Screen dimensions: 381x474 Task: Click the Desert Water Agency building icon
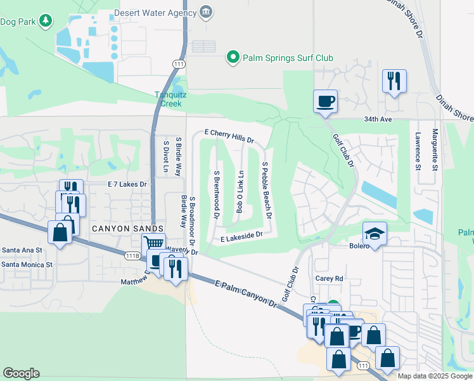[x=205, y=13]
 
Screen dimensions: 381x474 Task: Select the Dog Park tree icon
[x=46, y=21]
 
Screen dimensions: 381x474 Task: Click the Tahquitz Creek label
[x=171, y=99]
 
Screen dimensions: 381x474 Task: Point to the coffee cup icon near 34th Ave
[x=325, y=100]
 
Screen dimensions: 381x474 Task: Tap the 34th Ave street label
[x=397, y=119]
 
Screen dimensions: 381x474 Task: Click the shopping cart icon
[x=153, y=243]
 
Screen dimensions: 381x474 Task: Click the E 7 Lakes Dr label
[x=127, y=184]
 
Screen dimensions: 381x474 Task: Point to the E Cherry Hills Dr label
[x=229, y=137]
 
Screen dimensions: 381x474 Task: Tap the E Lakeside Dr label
[x=241, y=237]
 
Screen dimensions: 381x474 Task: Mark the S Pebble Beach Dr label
[x=267, y=190]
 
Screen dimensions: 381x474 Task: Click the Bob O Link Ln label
[x=240, y=191]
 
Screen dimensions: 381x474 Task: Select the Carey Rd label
[x=329, y=278]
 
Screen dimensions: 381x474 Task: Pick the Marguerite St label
[x=435, y=150]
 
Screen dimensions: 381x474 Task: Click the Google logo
[x=21, y=373]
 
